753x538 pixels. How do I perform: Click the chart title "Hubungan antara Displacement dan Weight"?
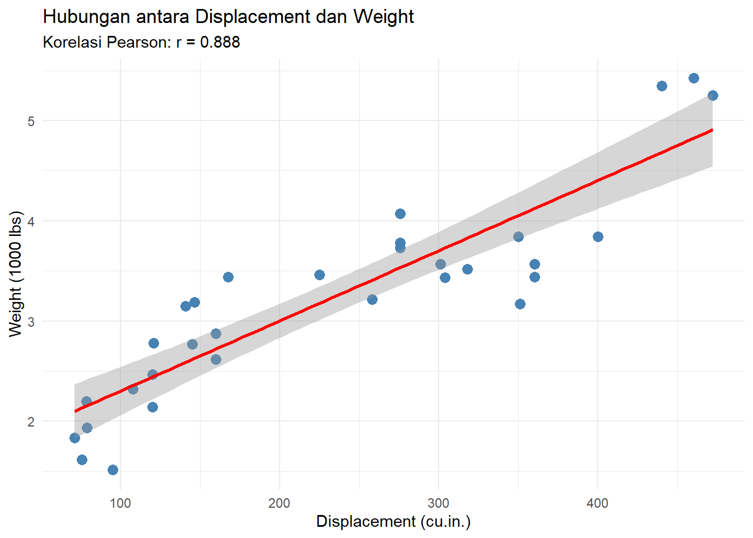[x=228, y=17]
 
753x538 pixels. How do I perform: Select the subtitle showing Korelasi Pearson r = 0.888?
[x=141, y=42]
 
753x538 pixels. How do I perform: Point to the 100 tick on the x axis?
[x=120, y=503]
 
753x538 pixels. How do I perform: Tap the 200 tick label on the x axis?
[x=279, y=503]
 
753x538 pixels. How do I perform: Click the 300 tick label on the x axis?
[x=438, y=503]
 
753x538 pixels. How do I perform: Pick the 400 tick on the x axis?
[x=597, y=503]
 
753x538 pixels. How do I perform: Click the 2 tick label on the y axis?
[x=31, y=421]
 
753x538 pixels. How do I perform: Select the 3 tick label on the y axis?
[x=31, y=322]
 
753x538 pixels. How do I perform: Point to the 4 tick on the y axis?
[x=31, y=221]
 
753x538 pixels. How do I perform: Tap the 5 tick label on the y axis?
[x=31, y=121]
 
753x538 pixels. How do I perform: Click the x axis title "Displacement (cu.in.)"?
[x=393, y=521]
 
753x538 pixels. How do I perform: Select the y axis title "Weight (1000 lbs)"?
[x=16, y=274]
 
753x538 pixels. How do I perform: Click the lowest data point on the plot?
[x=113, y=470]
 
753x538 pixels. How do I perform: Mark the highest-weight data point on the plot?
[x=694, y=78]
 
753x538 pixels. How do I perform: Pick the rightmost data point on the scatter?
[x=713, y=95]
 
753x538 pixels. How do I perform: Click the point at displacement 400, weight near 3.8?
[x=598, y=236]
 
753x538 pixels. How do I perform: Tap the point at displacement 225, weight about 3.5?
[x=319, y=275]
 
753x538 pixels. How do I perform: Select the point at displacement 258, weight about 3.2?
[x=372, y=299]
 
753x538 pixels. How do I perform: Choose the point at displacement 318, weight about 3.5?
[x=467, y=269]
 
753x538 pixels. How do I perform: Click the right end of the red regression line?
[x=712, y=130]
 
